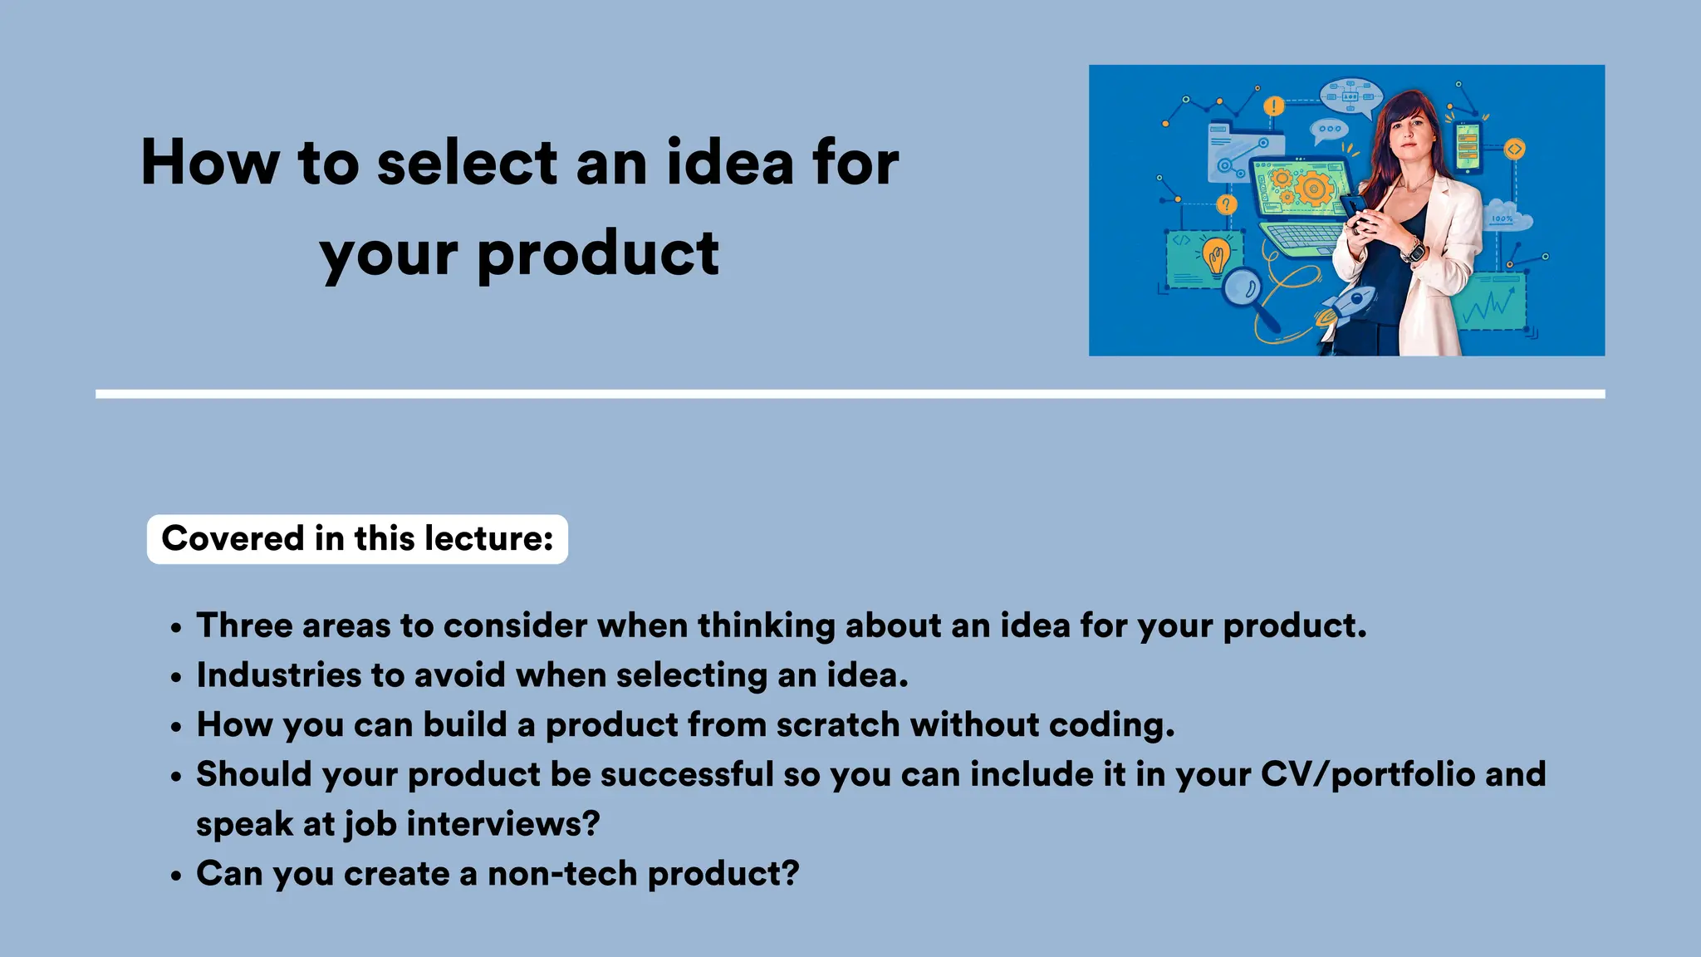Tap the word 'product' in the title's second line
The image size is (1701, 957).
coord(598,253)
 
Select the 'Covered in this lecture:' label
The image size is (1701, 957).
coord(357,538)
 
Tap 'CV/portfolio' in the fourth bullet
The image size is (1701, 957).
coord(1367,774)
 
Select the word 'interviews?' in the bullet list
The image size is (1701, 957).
coord(502,824)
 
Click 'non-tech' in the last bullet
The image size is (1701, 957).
coord(561,874)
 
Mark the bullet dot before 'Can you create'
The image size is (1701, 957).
coord(175,876)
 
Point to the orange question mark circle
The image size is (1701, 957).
coord(1227,204)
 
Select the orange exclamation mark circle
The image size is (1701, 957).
coord(1273,106)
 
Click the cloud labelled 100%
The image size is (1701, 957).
coord(1507,217)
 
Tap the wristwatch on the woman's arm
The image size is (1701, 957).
coord(1413,249)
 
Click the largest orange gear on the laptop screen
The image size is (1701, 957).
coord(1314,189)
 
